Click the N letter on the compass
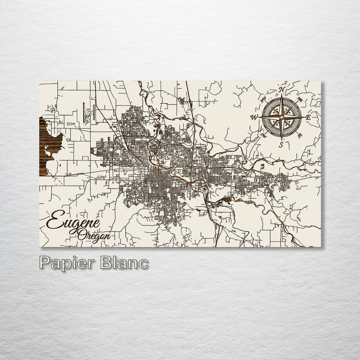[283, 90]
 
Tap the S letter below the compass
[281, 145]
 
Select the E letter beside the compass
[308, 117]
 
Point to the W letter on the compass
[255, 117]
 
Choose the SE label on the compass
[300, 135]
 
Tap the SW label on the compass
[264, 135]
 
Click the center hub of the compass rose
[282, 117]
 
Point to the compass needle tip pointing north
[282, 96]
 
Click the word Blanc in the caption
[124, 263]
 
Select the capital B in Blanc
[107, 263]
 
